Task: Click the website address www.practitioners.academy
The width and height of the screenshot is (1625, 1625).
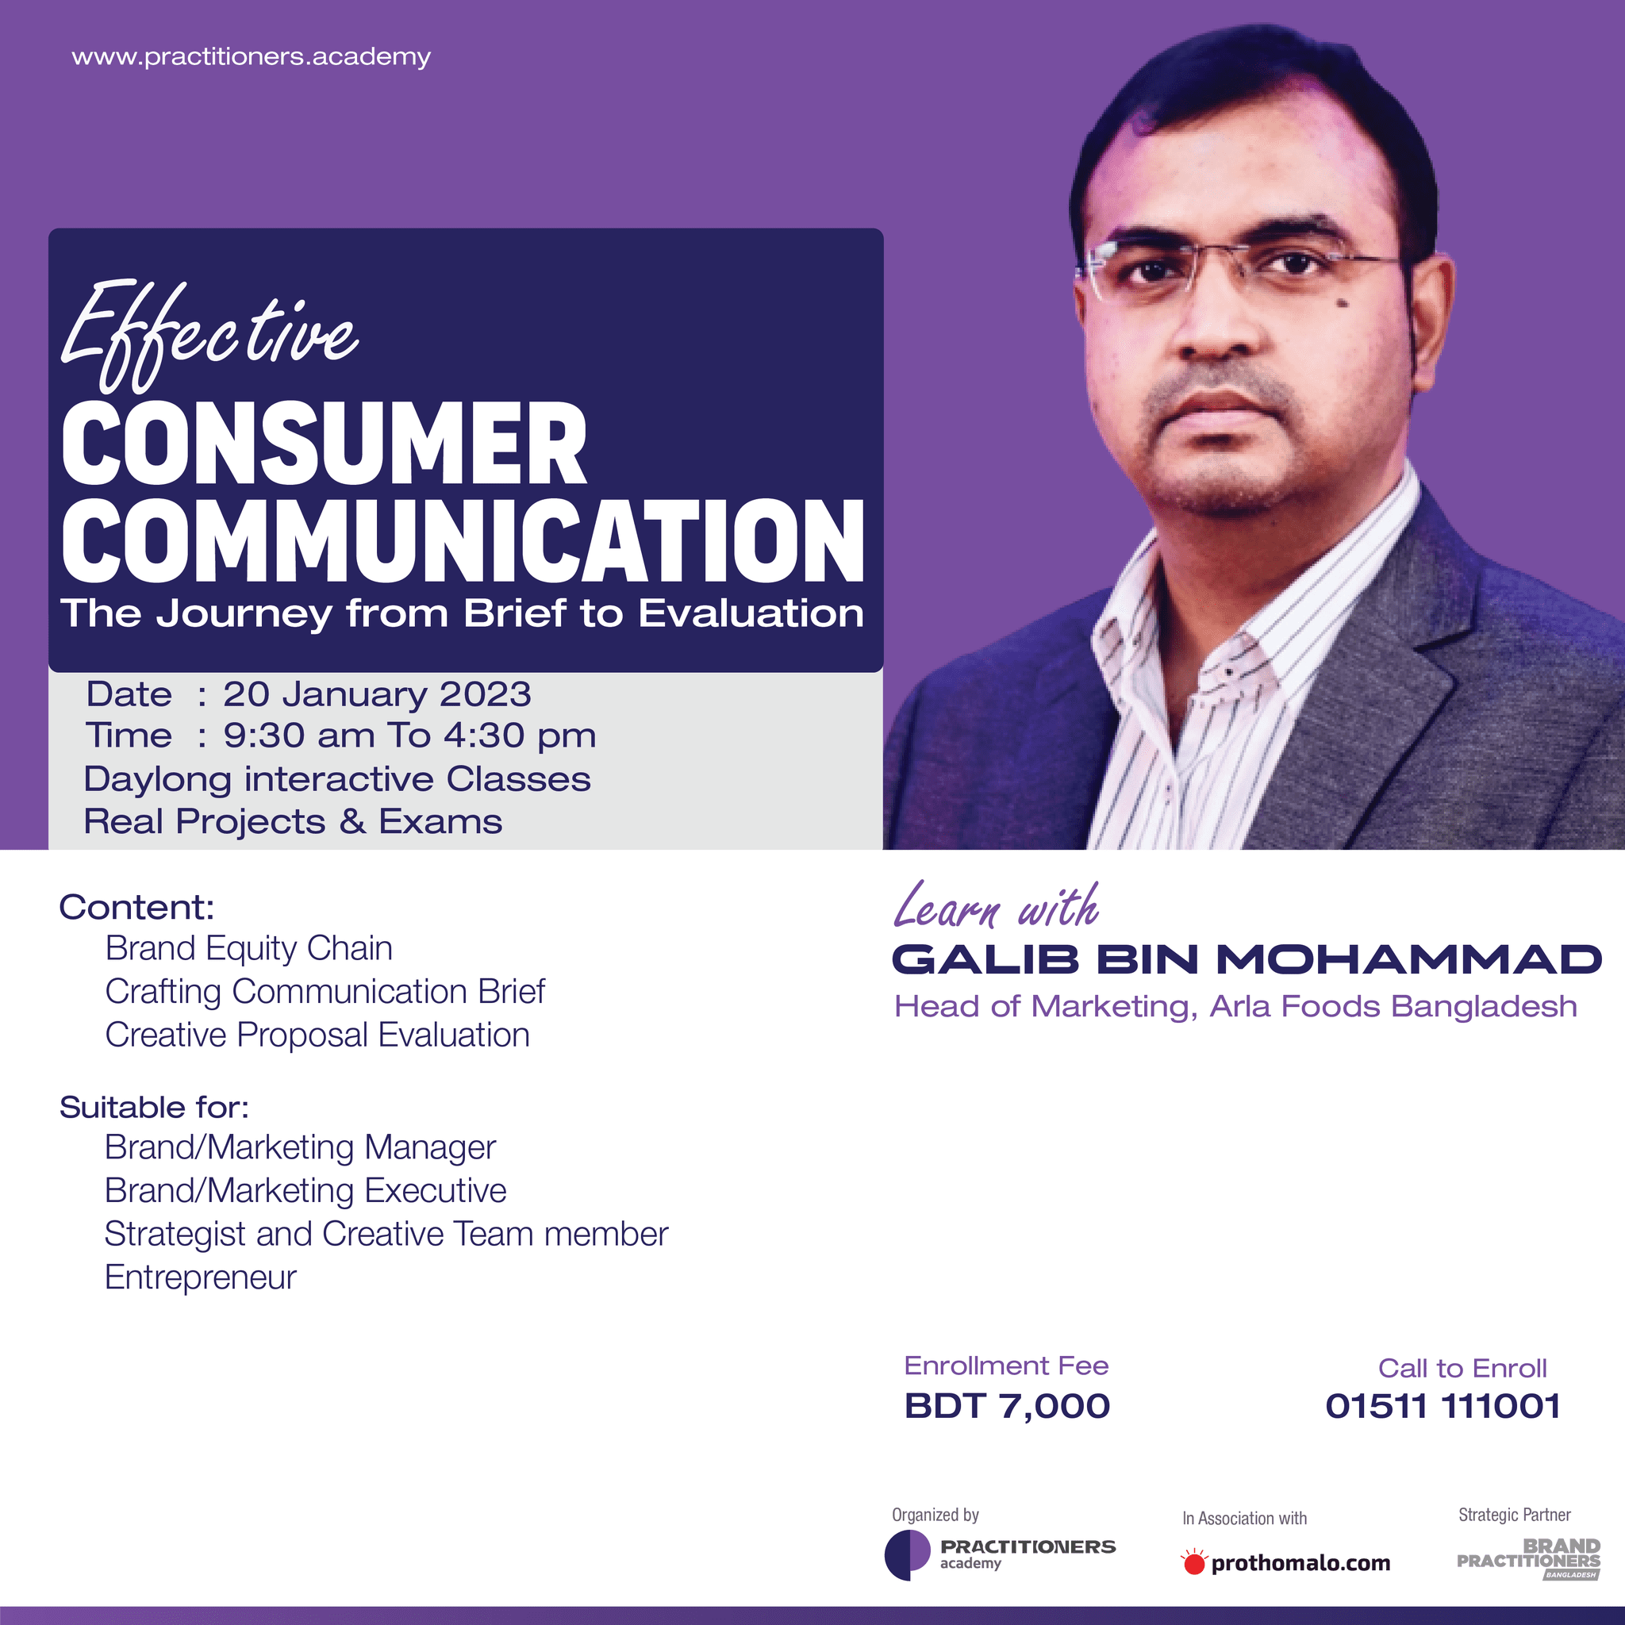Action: tap(251, 57)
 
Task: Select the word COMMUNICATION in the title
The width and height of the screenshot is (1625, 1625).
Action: tap(463, 541)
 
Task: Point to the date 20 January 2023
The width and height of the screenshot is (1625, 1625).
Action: tap(377, 695)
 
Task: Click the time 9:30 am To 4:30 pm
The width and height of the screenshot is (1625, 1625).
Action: tap(409, 736)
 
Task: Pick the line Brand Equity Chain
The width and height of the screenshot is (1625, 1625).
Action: tap(249, 949)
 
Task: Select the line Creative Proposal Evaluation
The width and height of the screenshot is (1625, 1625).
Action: tap(317, 1035)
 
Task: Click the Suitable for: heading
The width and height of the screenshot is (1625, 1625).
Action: tap(154, 1108)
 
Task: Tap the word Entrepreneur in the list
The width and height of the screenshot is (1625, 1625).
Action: tap(200, 1277)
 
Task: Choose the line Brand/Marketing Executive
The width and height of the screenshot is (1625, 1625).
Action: tap(305, 1191)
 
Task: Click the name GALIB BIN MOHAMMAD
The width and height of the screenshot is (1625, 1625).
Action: tap(1247, 960)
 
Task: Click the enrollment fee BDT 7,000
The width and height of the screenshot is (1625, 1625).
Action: tap(1007, 1406)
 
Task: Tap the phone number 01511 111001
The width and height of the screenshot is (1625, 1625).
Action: tap(1443, 1406)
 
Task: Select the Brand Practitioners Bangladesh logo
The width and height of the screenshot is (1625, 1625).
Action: tap(1528, 1558)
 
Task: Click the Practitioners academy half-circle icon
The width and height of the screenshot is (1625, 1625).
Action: tap(908, 1555)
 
